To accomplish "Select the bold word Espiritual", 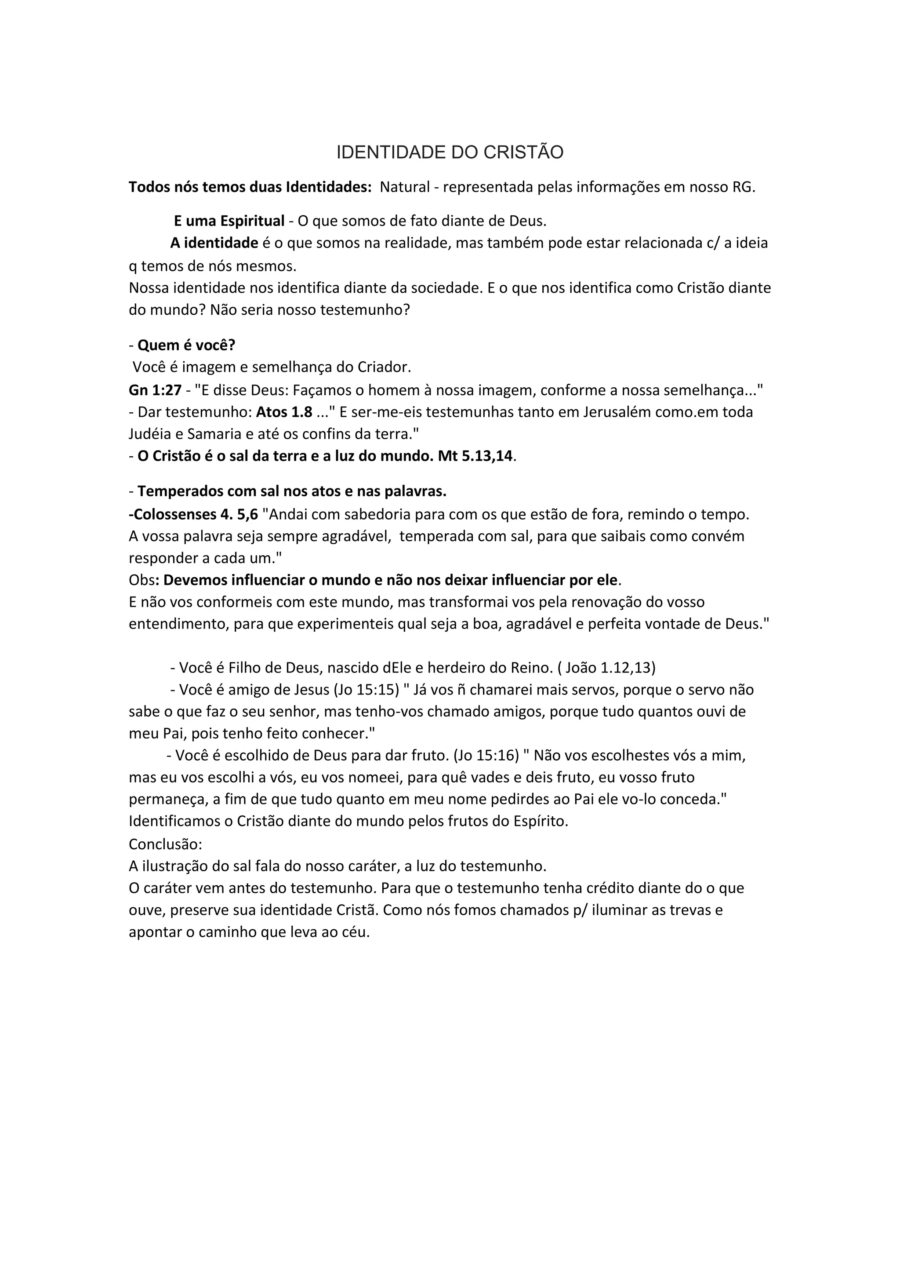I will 252,221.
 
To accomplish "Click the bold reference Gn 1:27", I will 155,390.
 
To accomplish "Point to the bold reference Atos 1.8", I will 284,412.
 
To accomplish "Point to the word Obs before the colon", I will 141,580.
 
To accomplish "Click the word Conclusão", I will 165,844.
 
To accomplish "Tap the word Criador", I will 383,367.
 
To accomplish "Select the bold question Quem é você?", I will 186,346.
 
